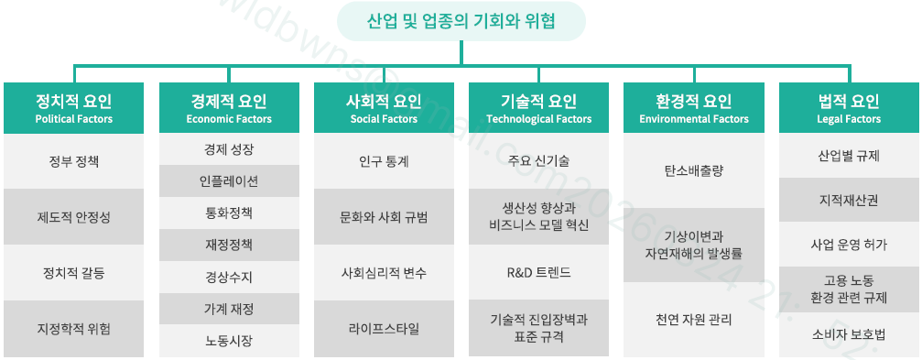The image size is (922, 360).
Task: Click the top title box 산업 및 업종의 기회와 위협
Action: click(x=461, y=21)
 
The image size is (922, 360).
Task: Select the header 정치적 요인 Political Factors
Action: click(x=74, y=108)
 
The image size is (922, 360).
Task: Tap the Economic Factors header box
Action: click(x=229, y=108)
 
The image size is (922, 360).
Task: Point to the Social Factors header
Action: click(x=384, y=108)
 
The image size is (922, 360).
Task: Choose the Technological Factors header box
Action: click(x=538, y=108)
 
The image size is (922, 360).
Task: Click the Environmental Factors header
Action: click(x=694, y=108)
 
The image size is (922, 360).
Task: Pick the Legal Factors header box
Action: click(x=849, y=108)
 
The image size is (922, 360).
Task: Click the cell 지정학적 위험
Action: click(x=74, y=329)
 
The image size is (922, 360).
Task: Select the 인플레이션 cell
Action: click(x=229, y=181)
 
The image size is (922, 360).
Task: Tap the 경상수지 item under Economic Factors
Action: click(x=229, y=277)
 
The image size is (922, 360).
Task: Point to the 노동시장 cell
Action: click(x=229, y=341)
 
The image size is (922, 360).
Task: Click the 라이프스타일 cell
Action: click(x=384, y=329)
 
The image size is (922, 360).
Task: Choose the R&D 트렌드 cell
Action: click(x=538, y=273)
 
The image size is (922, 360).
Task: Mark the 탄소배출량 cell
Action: click(x=694, y=170)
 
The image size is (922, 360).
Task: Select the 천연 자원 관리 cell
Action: click(x=694, y=320)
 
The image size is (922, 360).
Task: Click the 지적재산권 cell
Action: click(x=849, y=200)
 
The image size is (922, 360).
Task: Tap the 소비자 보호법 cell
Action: click(x=849, y=334)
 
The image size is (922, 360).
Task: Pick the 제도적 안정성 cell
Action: click(x=74, y=217)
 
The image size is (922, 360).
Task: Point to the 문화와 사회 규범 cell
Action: click(x=384, y=217)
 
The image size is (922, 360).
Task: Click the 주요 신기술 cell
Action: click(x=538, y=161)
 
